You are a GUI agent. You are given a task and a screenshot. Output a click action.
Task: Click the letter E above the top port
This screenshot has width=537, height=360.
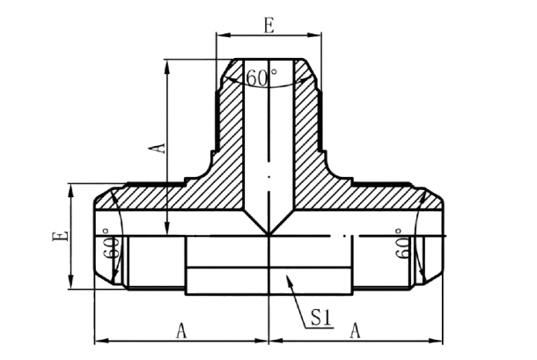[269, 26]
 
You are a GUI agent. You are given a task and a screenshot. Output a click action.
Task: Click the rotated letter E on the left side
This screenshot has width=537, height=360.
[60, 237]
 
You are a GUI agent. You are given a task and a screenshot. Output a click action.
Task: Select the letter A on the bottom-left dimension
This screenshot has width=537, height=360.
[181, 331]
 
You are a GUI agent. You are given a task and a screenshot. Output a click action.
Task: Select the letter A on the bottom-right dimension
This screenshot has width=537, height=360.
[355, 331]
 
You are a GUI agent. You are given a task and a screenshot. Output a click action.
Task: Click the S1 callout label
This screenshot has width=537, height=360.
[321, 318]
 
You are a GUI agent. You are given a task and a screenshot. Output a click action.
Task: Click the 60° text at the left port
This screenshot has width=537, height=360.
[110, 243]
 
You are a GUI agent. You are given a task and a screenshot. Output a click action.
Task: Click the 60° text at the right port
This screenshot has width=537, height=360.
[402, 243]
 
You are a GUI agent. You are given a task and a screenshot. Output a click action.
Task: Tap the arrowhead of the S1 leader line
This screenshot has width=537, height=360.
[288, 279]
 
